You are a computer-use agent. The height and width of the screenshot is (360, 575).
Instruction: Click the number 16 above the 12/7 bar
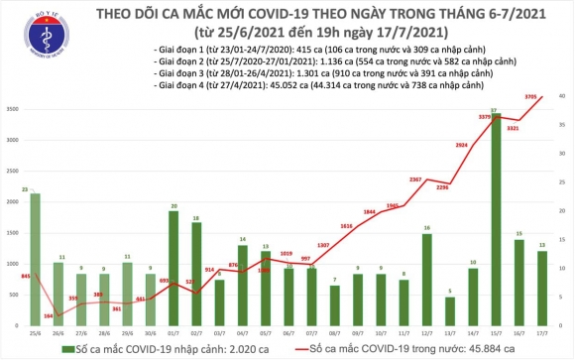pyautogui.click(x=426, y=228)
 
